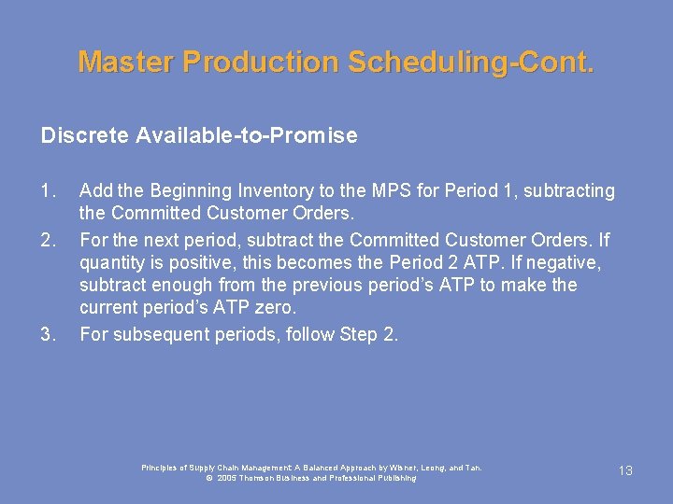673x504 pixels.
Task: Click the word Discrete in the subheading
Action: pos(85,136)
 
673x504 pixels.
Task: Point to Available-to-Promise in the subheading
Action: pos(247,136)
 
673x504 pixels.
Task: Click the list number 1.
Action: pos(49,191)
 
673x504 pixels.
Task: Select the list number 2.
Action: pos(49,240)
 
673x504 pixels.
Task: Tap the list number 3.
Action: pos(49,334)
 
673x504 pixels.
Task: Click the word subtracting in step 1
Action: pos(567,191)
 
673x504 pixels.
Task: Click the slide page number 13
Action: pos(625,470)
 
